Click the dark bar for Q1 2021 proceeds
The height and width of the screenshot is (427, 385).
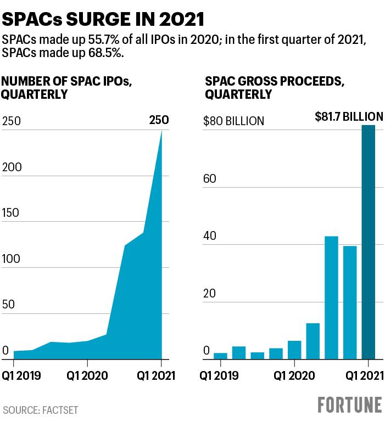pyautogui.click(x=368, y=242)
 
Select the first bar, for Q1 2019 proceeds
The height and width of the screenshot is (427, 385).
pyautogui.click(x=220, y=356)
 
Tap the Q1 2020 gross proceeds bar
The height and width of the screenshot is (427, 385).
pyautogui.click(x=294, y=350)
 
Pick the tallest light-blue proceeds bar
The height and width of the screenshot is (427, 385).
pyautogui.click(x=331, y=297)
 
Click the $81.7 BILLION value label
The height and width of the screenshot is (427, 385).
pyautogui.click(x=349, y=116)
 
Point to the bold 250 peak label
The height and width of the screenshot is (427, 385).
pyautogui.click(x=159, y=120)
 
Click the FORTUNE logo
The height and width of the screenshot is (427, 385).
pyautogui.click(x=350, y=405)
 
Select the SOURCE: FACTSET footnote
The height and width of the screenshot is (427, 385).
pyautogui.click(x=40, y=410)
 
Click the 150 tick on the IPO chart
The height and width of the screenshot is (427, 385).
pyautogui.click(x=10, y=213)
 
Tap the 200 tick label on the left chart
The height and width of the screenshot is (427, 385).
pyautogui.click(x=12, y=167)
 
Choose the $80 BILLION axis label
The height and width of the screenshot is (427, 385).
pyautogui.click(x=233, y=121)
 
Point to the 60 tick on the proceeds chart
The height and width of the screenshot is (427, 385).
pyautogui.click(x=209, y=178)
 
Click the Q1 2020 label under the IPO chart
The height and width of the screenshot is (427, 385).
pyautogui.click(x=87, y=376)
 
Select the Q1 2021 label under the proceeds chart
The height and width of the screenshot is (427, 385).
pyautogui.click(x=365, y=376)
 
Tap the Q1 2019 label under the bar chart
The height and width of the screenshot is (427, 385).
pyautogui.click(x=219, y=376)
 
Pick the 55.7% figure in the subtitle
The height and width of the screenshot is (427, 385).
pyautogui.click(x=104, y=40)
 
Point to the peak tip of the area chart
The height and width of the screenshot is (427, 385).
pyautogui.click(x=161, y=130)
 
